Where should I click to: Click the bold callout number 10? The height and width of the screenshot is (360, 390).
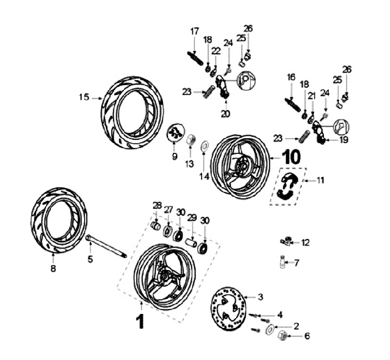click(x=291, y=157)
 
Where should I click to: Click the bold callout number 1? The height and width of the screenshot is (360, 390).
click(x=140, y=322)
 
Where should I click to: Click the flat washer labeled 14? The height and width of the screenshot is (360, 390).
click(x=205, y=145)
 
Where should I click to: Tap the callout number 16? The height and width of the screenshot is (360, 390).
click(x=291, y=78)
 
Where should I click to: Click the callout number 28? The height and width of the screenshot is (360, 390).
click(x=157, y=205)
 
